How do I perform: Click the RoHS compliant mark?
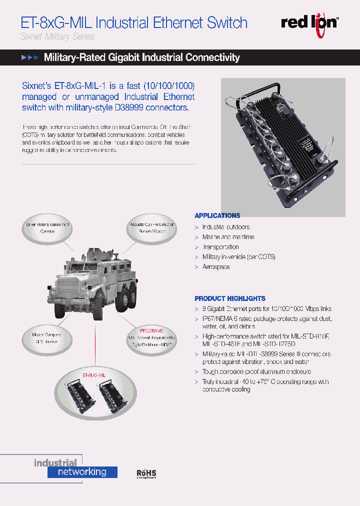click(x=146, y=474)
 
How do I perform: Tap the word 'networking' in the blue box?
click(x=82, y=471)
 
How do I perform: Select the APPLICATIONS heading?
click(x=217, y=215)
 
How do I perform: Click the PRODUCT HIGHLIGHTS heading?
click(x=230, y=298)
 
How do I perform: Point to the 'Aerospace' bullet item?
click(x=216, y=267)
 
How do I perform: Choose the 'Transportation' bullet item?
click(x=220, y=247)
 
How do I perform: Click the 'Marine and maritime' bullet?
click(x=228, y=237)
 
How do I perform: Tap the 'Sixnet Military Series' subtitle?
click(x=57, y=36)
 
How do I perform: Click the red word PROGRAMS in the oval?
click(x=151, y=331)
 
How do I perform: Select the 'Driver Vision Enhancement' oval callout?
click(x=47, y=228)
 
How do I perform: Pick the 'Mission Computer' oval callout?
click(x=48, y=337)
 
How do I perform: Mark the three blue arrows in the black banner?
click(x=29, y=58)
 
